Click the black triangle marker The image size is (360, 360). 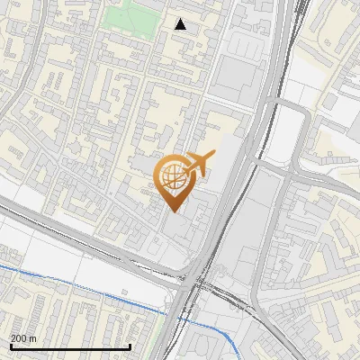coord(181,24)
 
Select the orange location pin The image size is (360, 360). coord(173,181)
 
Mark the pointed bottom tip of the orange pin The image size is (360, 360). coord(173,211)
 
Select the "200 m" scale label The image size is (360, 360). coord(24,338)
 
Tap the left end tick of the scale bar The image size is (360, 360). coord(11,346)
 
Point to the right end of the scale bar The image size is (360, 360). coord(130,346)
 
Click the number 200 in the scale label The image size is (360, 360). coord(20,338)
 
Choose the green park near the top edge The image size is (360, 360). coord(129,15)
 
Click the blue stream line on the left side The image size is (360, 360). coord(54,278)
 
